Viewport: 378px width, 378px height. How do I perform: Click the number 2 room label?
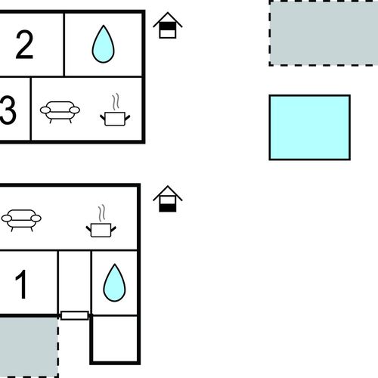(24, 45)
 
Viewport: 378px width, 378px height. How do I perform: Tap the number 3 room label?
(8, 110)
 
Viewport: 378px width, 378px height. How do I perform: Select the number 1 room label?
(21, 284)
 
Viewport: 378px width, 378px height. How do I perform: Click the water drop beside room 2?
(103, 44)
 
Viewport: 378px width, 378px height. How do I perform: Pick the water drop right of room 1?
(114, 283)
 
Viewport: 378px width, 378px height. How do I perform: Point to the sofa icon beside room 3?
(60, 112)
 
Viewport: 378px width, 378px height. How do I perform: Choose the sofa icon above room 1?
(21, 220)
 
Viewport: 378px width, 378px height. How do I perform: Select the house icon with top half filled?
(168, 25)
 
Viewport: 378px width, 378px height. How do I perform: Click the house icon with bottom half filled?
(168, 199)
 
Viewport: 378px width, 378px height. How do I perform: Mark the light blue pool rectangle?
(310, 128)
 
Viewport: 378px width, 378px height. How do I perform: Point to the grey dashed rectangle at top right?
(324, 33)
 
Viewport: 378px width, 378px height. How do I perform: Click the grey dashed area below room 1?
(29, 347)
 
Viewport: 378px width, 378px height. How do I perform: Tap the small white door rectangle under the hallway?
(75, 315)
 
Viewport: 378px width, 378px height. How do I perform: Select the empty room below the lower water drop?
(115, 339)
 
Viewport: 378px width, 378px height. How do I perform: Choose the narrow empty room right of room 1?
(75, 281)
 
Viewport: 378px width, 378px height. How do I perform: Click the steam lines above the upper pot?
(116, 101)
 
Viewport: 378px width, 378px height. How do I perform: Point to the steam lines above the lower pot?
(102, 213)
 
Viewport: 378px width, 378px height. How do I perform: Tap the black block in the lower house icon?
(168, 208)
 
